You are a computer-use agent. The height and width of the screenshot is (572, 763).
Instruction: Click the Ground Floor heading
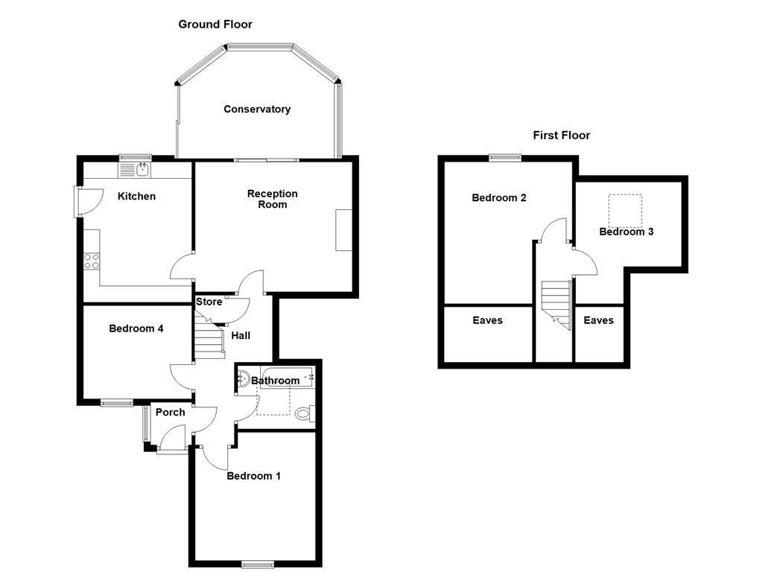[x=215, y=25]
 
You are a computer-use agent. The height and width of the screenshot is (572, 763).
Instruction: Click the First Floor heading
[x=561, y=135]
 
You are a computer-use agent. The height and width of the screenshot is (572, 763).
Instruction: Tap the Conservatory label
[x=257, y=109]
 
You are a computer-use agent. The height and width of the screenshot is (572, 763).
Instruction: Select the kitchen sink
[x=135, y=170]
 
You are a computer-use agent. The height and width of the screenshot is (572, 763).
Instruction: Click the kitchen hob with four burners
[x=92, y=261]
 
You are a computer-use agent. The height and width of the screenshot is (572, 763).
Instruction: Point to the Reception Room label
[x=272, y=199]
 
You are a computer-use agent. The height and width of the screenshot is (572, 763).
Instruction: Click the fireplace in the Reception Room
[x=343, y=230]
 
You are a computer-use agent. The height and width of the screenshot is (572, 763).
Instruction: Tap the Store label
[x=209, y=302]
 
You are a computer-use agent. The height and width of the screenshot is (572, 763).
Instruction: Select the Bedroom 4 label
[x=136, y=328]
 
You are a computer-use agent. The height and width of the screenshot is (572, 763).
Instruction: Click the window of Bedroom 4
[x=117, y=403]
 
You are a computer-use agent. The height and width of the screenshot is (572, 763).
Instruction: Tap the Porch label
[x=170, y=412]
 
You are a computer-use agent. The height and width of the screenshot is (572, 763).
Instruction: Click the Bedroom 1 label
[x=253, y=476]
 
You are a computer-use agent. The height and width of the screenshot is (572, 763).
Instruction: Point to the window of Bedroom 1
[x=257, y=564]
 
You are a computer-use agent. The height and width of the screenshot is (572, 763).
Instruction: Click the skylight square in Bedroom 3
[x=625, y=210]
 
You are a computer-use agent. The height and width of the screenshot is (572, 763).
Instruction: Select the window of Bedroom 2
[x=504, y=157]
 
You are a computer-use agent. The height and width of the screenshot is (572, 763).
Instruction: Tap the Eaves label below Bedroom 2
[x=487, y=320]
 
